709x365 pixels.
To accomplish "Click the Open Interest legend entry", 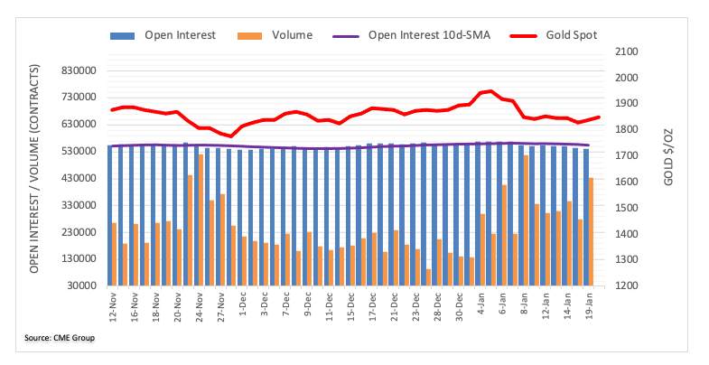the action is tap(163, 35).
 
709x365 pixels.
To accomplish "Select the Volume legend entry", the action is tap(275, 35).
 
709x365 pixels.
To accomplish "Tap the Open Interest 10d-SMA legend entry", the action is tap(412, 35).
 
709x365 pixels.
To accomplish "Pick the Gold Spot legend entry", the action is tap(554, 35).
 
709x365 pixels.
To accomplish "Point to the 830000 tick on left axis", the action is tap(82, 71).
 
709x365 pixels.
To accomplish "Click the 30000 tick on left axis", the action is tap(85, 285).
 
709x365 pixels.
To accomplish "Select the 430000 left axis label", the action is tap(82, 178).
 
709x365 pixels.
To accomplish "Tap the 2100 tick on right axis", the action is tap(627, 51).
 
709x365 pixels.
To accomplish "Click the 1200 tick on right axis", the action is tap(627, 285).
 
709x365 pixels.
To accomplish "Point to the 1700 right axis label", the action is tap(627, 155).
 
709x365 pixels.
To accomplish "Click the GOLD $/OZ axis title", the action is tap(668, 157).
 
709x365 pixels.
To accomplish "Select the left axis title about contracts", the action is tap(34, 169).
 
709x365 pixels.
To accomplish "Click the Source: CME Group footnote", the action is tap(60, 338).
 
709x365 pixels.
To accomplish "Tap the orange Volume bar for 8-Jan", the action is tap(526, 220).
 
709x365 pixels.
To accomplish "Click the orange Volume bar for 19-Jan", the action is tap(591, 232).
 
